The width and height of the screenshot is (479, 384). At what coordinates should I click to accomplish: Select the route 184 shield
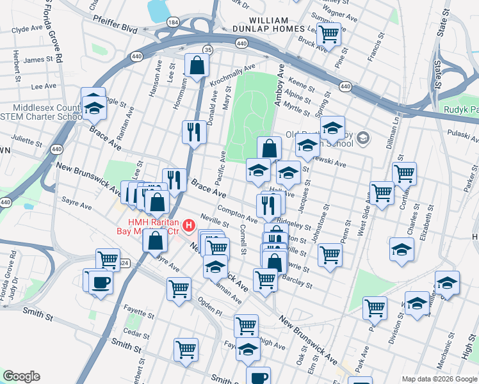pyautogui.click(x=172, y=22)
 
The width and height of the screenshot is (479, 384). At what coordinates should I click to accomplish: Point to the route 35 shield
pyautogui.click(x=207, y=50)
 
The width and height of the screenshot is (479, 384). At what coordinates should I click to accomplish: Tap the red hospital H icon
pyautogui.click(x=189, y=225)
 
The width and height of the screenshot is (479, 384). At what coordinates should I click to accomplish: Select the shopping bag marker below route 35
pyautogui.click(x=197, y=65)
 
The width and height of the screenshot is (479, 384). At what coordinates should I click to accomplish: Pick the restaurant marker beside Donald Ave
pyautogui.click(x=194, y=132)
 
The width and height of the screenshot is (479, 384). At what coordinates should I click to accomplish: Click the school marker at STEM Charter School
pyautogui.click(x=94, y=108)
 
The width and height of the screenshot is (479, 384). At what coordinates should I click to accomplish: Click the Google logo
pyautogui.click(x=22, y=376)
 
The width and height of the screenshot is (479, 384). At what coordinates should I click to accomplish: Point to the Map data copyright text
pyautogui.click(x=439, y=379)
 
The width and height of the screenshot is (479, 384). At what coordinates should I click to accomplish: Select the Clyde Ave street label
pyautogui.click(x=27, y=29)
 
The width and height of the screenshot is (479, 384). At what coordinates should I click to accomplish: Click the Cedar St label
pyautogui.click(x=136, y=332)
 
